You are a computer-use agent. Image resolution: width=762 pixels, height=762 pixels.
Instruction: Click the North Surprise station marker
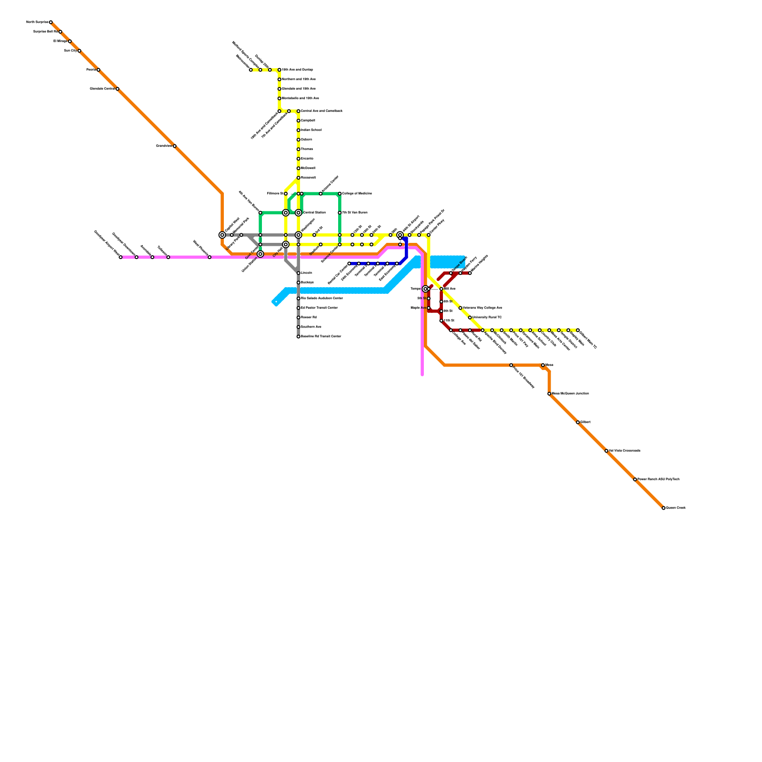[51, 22]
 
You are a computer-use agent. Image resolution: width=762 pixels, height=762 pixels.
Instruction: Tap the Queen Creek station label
[676, 508]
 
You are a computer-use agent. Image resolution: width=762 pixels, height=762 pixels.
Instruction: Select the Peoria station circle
[99, 70]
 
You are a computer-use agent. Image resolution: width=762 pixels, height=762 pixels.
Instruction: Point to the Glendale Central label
[102, 89]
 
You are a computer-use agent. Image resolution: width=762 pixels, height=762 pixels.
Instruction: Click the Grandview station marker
[175, 146]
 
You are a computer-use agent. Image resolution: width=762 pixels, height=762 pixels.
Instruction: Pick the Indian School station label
[311, 130]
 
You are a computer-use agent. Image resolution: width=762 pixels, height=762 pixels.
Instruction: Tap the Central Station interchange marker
[299, 213]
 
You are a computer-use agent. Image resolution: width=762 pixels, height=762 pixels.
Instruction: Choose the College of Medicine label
[357, 194]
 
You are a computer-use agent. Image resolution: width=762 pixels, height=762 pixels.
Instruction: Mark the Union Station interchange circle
[261, 254]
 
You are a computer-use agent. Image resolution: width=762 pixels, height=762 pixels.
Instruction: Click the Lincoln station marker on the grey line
[299, 273]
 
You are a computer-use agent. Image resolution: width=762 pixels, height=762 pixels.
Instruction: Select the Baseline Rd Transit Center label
[321, 337]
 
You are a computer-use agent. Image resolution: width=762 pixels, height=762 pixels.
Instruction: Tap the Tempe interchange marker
[425, 289]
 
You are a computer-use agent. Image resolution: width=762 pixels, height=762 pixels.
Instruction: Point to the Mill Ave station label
[450, 289]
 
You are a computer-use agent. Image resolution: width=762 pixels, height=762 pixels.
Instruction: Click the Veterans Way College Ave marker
[461, 308]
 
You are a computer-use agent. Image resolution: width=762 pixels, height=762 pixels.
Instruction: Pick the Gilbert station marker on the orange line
[578, 422]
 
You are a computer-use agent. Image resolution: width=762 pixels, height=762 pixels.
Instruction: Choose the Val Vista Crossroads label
[624, 451]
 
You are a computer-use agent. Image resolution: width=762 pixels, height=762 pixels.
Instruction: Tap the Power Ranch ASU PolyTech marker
[635, 480]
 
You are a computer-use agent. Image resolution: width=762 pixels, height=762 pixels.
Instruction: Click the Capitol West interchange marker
[222, 235]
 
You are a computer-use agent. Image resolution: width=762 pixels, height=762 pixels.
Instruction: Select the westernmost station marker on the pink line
[120, 257]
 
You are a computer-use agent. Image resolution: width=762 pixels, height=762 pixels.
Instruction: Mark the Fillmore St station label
[275, 194]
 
